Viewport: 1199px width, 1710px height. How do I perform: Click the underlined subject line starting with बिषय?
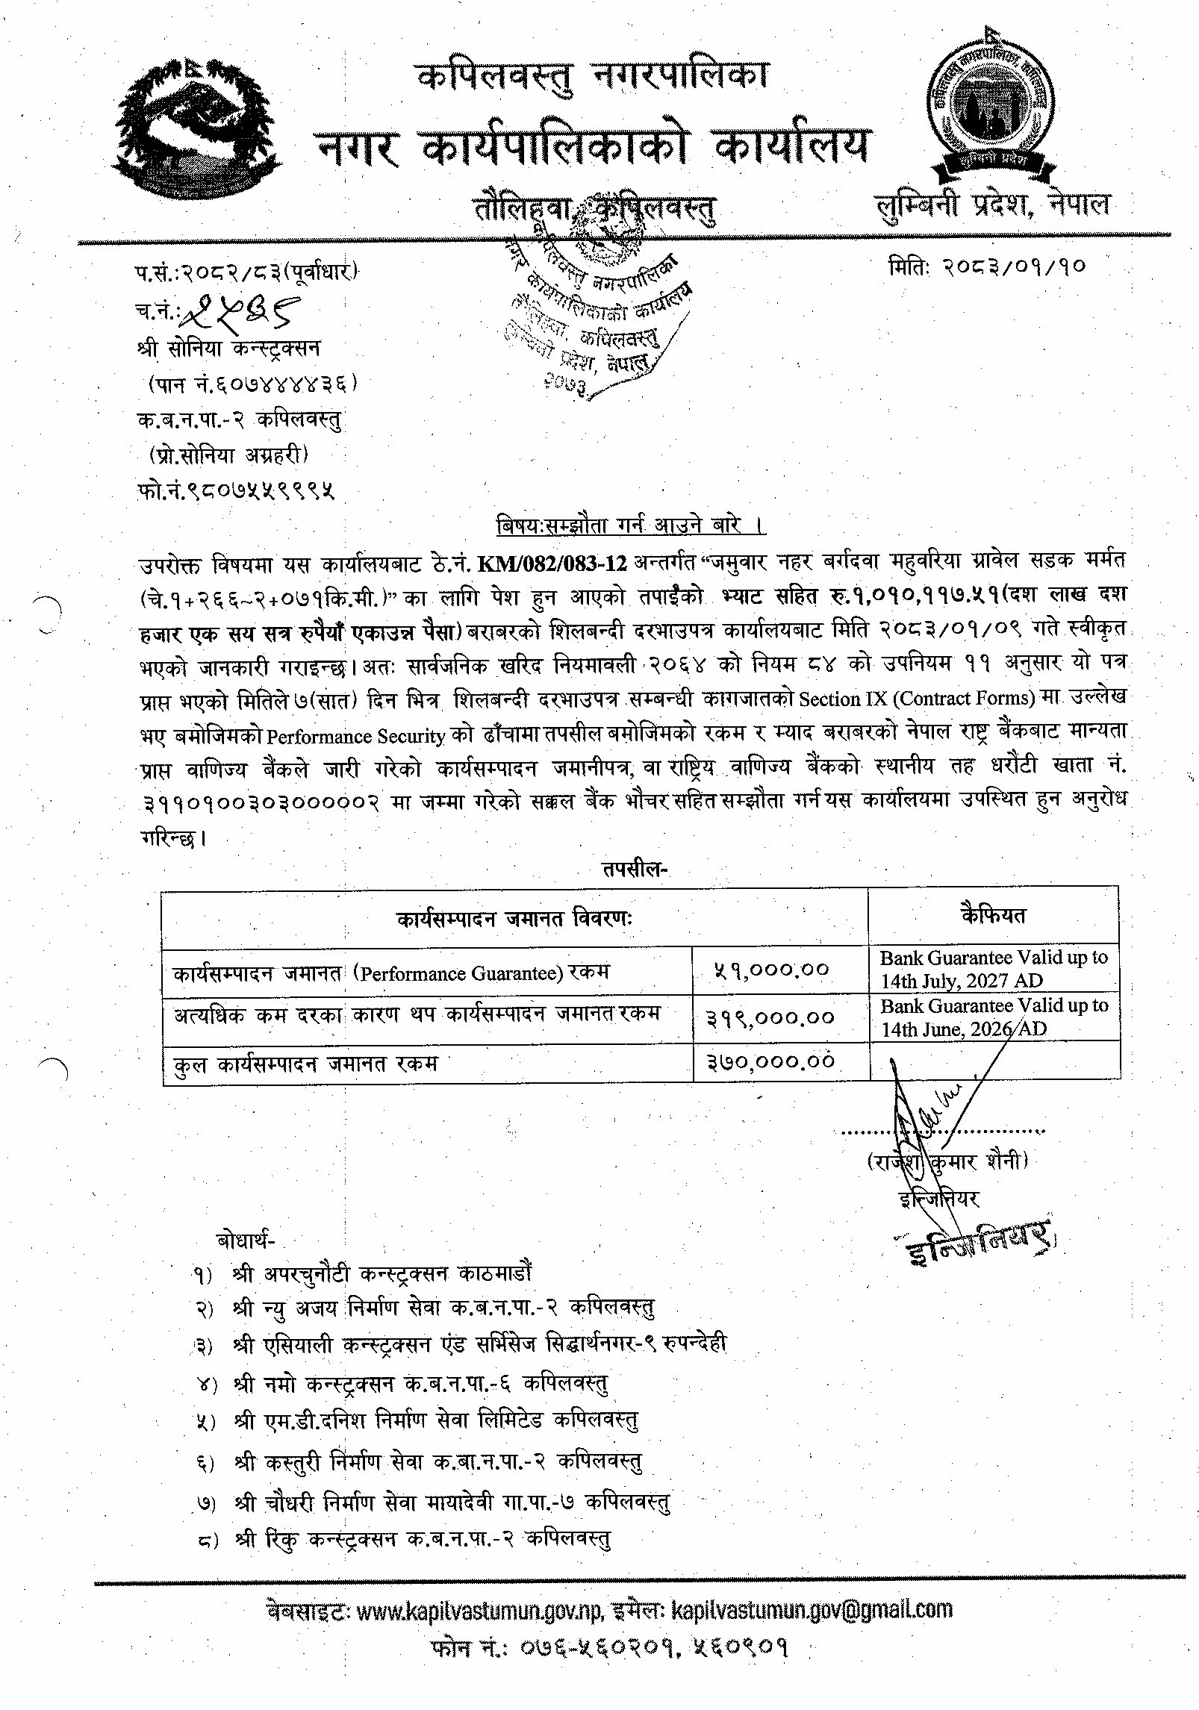click(631, 525)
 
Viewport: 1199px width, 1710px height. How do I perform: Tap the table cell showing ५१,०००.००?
click(772, 970)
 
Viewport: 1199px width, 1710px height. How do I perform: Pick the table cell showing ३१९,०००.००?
click(770, 1017)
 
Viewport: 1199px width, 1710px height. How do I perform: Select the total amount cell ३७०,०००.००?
click(770, 1061)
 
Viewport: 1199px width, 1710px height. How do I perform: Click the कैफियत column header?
click(994, 915)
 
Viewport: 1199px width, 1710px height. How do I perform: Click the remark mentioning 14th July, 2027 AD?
click(994, 969)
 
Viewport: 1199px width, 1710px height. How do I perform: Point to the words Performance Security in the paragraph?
click(355, 736)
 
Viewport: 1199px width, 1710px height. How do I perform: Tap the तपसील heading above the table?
click(634, 870)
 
